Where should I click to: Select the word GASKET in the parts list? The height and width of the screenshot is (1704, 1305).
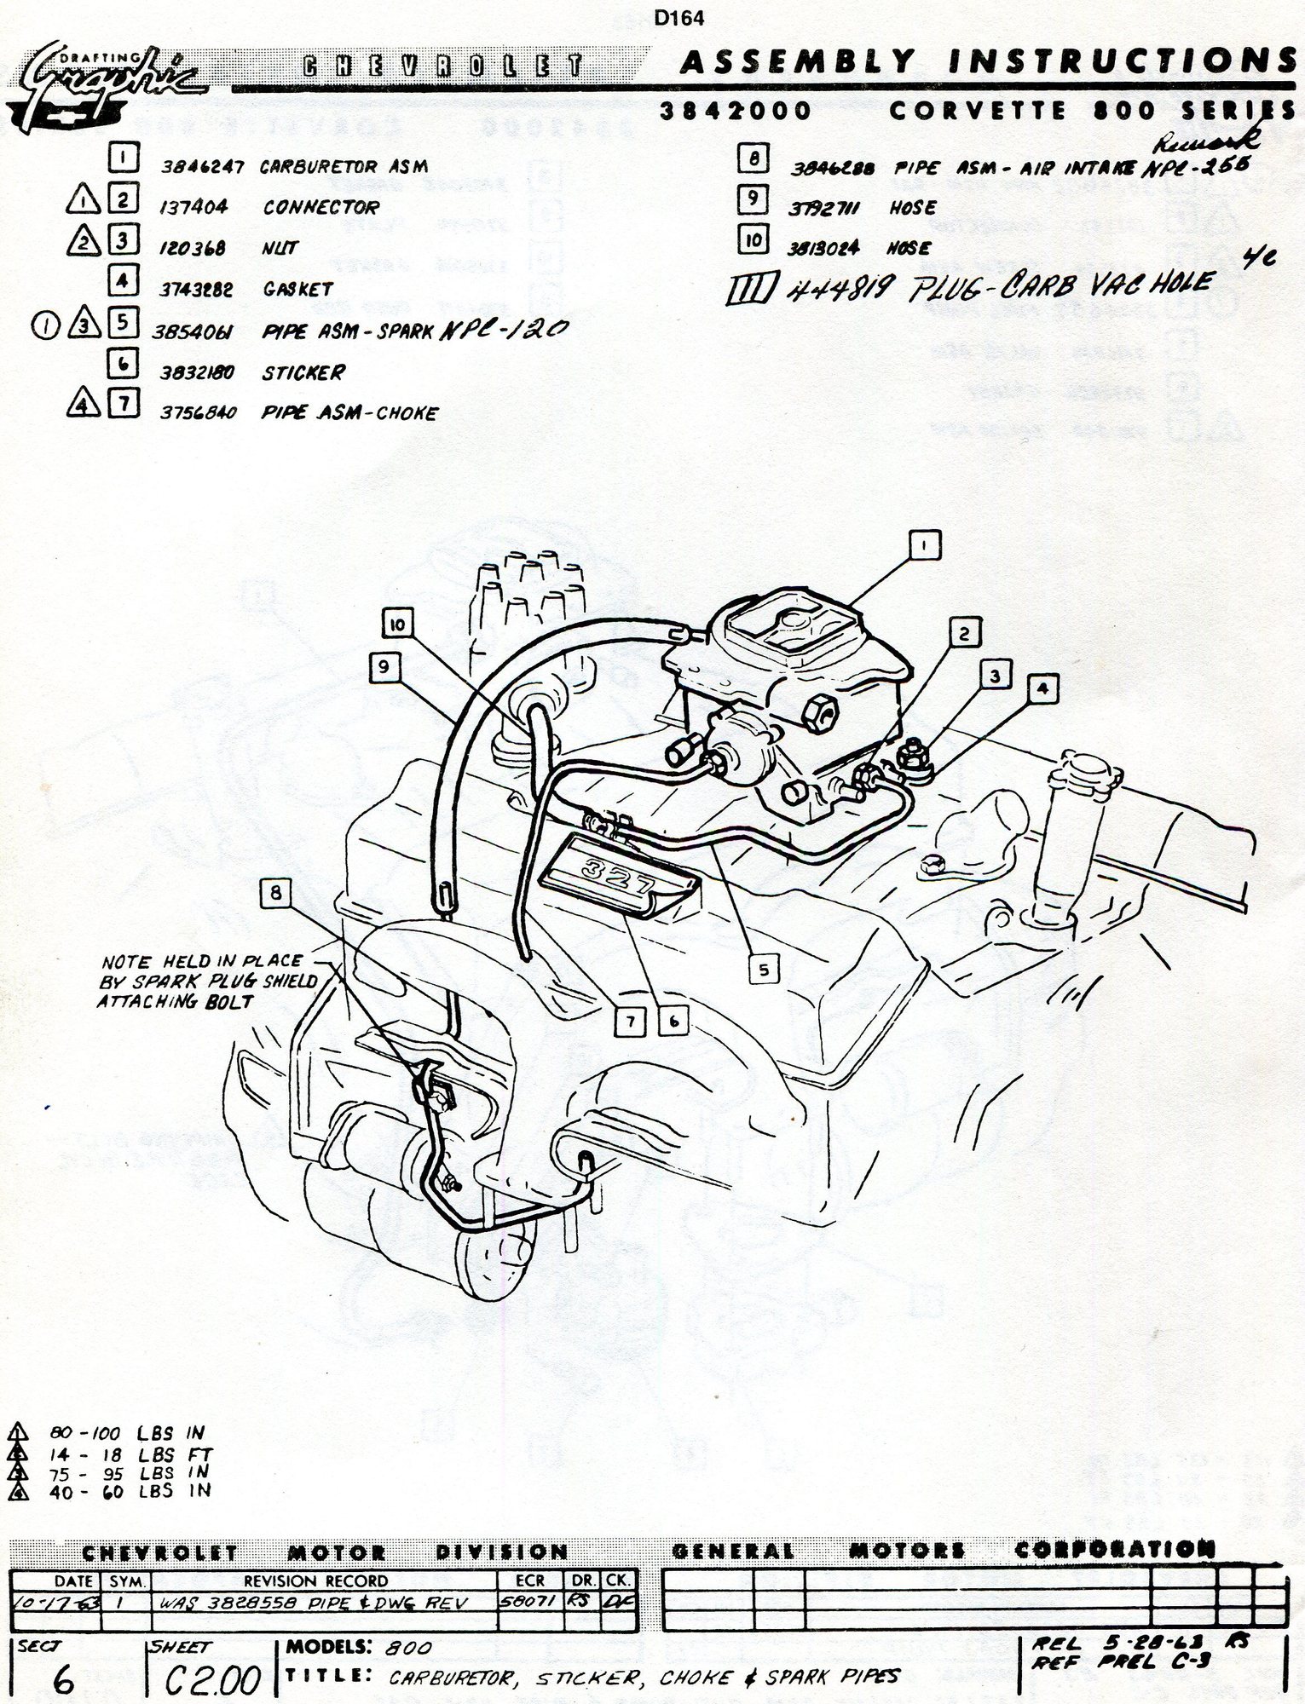[x=297, y=290]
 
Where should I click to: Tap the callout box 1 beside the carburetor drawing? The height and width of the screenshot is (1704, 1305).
[x=926, y=544]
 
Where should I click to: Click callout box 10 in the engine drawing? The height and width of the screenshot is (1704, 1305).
[x=397, y=625]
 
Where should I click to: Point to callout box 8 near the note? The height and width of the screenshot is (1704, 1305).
[x=274, y=892]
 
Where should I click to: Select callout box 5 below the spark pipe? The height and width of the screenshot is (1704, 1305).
[x=764, y=969]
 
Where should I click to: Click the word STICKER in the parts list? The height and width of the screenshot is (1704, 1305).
[x=303, y=372]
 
